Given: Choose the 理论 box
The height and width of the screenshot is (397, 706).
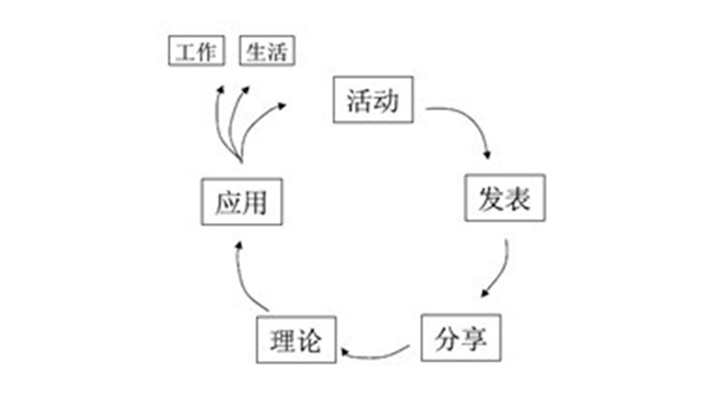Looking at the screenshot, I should coord(297,338).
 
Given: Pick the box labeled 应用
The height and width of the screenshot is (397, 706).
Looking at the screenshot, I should coord(241,202).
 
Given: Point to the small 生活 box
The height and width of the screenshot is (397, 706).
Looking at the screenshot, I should coord(267,50).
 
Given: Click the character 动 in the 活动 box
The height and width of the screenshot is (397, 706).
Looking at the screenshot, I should coord(387,99).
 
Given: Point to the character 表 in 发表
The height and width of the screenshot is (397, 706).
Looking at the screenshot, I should coord(518,198).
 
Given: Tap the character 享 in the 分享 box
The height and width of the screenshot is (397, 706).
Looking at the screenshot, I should coord(473,338).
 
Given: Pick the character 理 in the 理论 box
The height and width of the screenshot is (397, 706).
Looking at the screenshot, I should coord(282,338).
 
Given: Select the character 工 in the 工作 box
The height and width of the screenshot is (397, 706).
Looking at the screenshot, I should coord(185,50).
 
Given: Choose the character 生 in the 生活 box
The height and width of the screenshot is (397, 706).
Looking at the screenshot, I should coord(256,50).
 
